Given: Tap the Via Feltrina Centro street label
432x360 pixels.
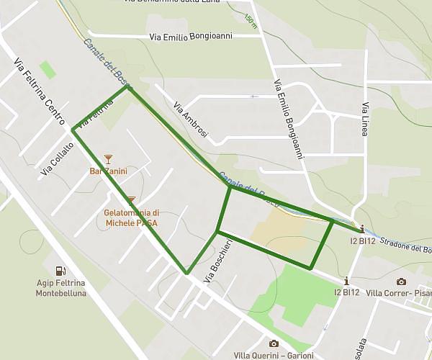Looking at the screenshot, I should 40,89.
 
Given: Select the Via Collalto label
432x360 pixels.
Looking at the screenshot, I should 58,158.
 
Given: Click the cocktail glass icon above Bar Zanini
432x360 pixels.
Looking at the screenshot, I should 108,158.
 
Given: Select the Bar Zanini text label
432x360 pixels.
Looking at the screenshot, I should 108,171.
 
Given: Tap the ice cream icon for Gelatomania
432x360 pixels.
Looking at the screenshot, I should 131,200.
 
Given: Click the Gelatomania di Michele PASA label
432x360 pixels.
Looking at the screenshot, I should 131,218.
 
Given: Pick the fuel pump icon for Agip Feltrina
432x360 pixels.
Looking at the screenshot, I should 61,271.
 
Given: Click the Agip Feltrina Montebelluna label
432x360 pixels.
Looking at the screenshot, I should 61,289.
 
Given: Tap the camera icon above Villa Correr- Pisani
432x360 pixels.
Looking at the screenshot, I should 401,281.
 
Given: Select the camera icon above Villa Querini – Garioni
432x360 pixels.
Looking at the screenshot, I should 274,343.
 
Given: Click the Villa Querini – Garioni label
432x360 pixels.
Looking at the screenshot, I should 274,356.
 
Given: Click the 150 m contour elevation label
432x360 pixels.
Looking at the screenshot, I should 250,21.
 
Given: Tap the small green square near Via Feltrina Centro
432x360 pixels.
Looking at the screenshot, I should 48,70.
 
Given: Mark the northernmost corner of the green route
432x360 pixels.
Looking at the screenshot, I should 128,88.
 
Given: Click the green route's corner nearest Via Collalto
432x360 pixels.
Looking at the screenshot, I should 73,130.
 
